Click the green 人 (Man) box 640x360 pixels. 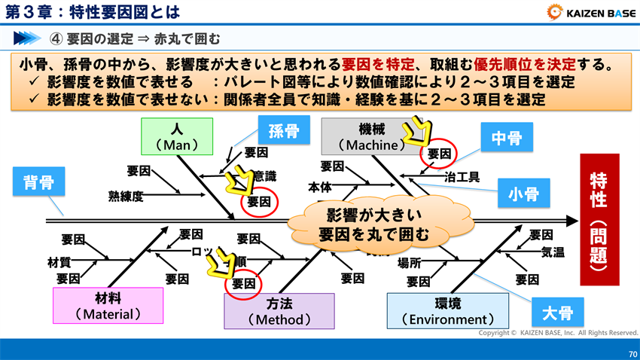[177, 136]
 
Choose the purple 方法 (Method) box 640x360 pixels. [279, 310]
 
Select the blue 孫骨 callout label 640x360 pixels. [284, 132]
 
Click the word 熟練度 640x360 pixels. [126, 197]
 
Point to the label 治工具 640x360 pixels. [462, 177]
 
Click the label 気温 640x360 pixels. [553, 252]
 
